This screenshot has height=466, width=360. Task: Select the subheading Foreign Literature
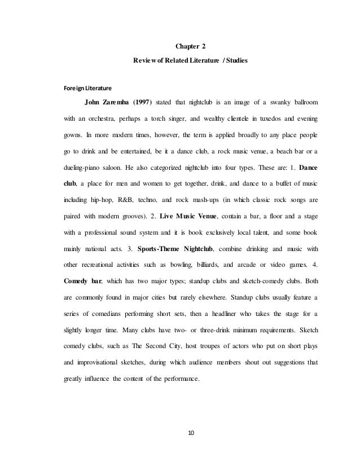click(87, 88)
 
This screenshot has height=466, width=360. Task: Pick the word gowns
click(73, 136)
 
